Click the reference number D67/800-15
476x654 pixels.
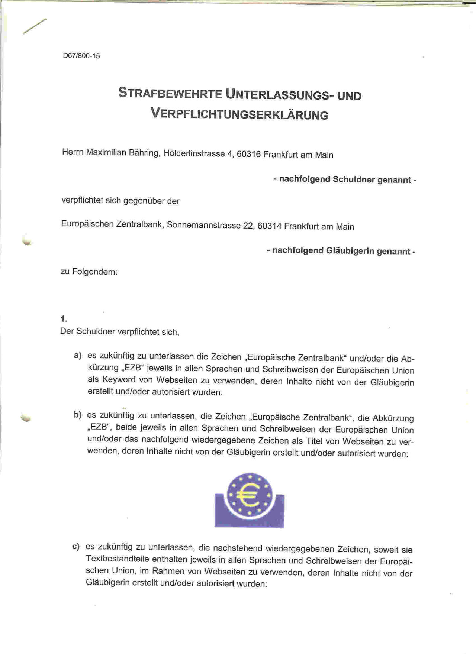[81, 56]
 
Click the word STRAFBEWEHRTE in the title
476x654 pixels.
[170, 93]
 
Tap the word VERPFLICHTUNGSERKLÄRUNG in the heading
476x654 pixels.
[239, 114]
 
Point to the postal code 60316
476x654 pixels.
[248, 154]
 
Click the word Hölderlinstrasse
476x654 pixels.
[194, 153]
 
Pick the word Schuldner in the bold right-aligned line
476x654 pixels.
[354, 179]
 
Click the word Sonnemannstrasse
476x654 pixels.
[203, 225]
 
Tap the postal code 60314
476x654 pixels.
[269, 226]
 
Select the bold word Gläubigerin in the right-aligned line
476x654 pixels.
[350, 251]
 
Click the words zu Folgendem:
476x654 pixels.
[89, 272]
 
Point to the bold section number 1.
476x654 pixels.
[64, 319]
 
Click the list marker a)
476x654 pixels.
[78, 355]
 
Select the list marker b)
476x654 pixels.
[77, 415]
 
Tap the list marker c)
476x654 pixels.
[76, 547]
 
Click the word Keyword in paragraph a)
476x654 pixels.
[119, 380]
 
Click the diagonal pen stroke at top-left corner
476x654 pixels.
[35, 26]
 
